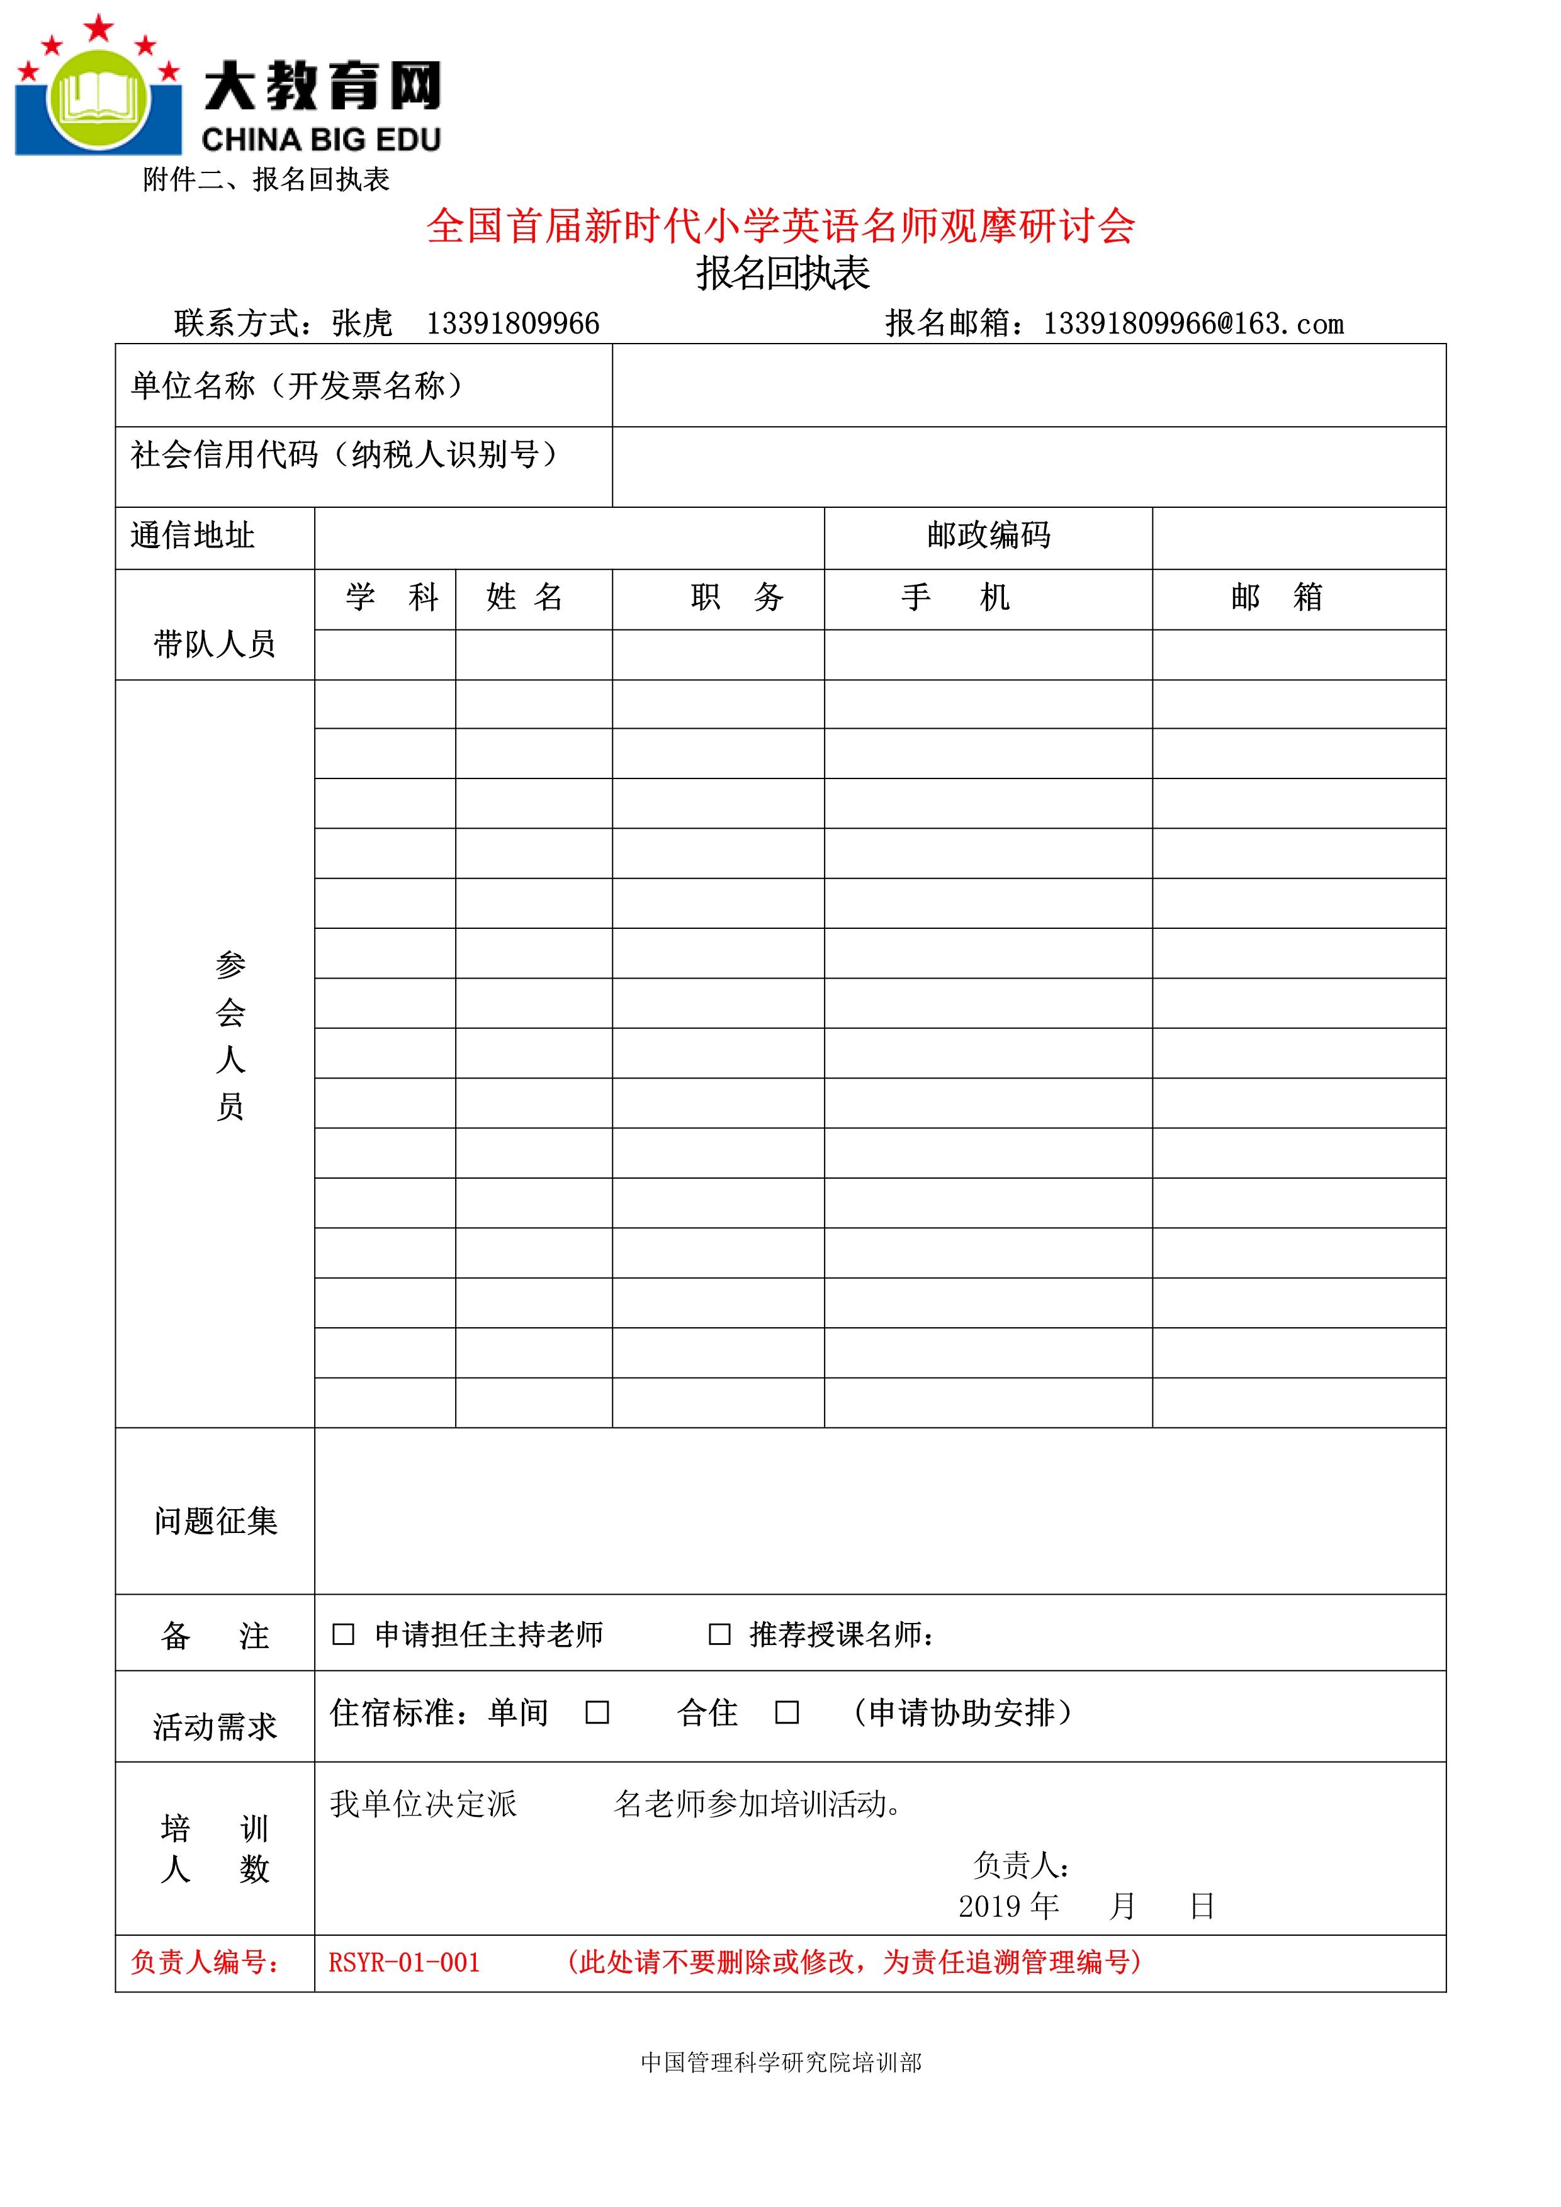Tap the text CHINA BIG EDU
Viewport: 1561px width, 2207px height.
coord(321,140)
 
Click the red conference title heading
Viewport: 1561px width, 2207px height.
coord(780,227)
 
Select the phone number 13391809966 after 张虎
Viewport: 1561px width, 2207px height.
coord(512,324)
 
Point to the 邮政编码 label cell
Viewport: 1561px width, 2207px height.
coord(988,536)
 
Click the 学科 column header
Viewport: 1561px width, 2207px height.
coord(392,598)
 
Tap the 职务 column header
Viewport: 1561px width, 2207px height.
coord(737,598)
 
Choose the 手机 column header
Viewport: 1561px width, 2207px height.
coord(955,598)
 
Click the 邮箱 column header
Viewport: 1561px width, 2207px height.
coord(1276,598)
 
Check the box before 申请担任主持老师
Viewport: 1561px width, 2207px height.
coord(343,1634)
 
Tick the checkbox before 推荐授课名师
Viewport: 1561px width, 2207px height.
coord(719,1634)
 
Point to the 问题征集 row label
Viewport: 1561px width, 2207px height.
coord(215,1520)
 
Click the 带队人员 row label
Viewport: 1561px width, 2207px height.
coord(215,644)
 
